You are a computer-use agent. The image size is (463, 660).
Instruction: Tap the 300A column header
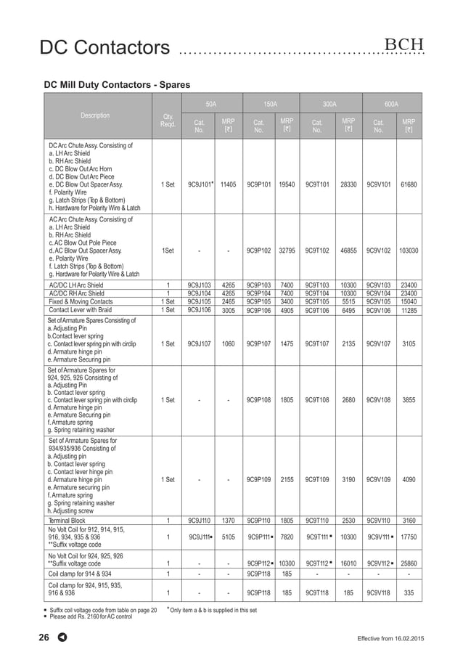329,104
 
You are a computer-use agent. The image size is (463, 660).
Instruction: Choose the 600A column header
391,104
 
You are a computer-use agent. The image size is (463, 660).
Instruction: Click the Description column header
95,115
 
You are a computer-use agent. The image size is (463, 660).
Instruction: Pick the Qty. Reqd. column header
168,121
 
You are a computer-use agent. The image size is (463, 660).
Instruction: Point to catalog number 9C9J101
198,185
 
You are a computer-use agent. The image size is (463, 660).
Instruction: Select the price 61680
409,185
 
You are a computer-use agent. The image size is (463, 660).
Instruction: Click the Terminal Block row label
69,521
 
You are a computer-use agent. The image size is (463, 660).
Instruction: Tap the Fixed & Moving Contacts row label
81,301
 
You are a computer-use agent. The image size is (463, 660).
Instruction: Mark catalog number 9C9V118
378,592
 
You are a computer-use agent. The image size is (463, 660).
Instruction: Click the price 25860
409,563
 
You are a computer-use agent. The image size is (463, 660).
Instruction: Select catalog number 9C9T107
317,344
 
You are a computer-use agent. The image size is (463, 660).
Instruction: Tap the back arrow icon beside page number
62,638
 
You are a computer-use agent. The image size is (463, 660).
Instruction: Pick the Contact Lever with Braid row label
81,309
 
